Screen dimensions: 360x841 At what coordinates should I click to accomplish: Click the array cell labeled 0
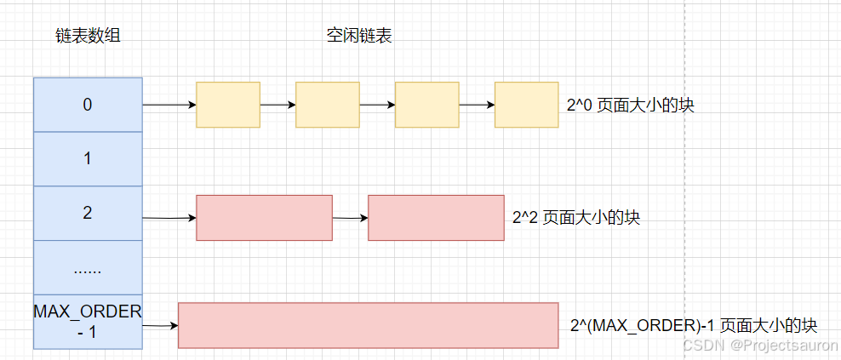tap(88, 105)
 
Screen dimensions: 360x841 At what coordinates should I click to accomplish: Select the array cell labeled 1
tap(88, 159)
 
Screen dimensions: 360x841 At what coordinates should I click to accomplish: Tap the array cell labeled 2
tap(88, 213)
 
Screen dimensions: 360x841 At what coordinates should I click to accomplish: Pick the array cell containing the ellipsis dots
tap(88, 267)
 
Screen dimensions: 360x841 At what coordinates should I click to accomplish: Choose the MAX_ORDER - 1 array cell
tap(88, 321)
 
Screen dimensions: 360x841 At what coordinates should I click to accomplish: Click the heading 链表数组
tap(86, 37)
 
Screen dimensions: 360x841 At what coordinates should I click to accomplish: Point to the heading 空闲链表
tap(359, 37)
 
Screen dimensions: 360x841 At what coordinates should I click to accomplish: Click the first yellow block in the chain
tap(228, 105)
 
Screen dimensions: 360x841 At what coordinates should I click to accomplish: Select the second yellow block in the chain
tap(328, 105)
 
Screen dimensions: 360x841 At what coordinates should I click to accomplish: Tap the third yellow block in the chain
tap(426, 105)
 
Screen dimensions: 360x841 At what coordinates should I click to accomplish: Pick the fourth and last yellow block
tap(526, 105)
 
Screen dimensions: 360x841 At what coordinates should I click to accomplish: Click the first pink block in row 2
tap(264, 218)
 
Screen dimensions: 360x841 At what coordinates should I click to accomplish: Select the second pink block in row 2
tap(436, 218)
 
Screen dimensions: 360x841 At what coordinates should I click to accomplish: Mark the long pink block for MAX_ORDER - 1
tap(368, 325)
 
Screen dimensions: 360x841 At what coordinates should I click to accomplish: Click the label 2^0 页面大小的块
tap(625, 106)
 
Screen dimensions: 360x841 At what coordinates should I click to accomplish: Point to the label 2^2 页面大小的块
tap(576, 218)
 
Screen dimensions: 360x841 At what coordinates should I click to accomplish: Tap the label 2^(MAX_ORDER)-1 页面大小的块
tap(694, 326)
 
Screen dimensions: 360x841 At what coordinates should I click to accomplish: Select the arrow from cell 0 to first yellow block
tap(169, 106)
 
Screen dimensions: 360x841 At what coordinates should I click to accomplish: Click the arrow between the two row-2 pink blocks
tap(350, 219)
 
